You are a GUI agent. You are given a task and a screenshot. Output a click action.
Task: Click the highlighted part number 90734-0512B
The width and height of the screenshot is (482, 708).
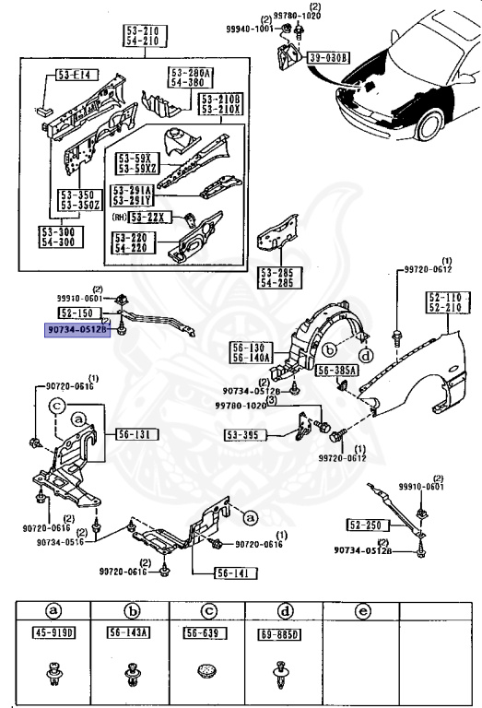click(79, 328)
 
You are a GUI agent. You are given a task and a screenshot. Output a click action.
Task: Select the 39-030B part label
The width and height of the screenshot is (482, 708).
click(331, 57)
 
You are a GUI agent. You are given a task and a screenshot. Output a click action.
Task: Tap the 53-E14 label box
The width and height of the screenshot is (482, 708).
click(73, 74)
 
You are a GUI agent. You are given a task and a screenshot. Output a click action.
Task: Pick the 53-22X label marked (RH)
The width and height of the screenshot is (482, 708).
click(148, 218)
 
